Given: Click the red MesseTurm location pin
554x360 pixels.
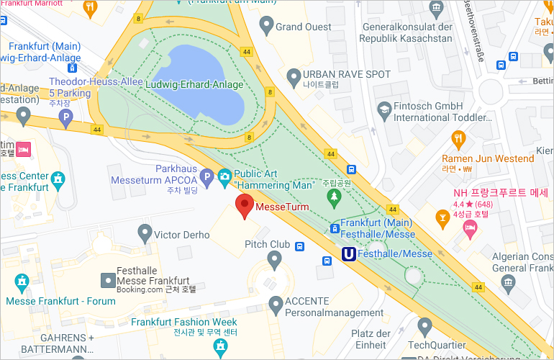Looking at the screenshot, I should coord(245,205).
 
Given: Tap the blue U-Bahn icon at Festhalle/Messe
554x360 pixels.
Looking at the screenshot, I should coord(348,253).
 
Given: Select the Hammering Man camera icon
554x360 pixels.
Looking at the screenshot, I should coord(224,176).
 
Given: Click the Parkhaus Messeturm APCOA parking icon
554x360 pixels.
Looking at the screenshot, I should coord(206,176).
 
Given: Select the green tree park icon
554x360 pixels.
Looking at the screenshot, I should coord(333,196).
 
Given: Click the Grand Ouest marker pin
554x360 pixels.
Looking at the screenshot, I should coord(266,27).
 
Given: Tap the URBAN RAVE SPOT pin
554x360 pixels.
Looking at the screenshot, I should coord(293,75).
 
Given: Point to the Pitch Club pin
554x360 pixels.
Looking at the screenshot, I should coord(274,258).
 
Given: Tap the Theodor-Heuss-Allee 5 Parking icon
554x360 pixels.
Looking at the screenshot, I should coord(67,116).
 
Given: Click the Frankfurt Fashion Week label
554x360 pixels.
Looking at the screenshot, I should coord(184,322).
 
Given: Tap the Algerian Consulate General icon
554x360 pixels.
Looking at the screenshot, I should coord(509,281).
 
